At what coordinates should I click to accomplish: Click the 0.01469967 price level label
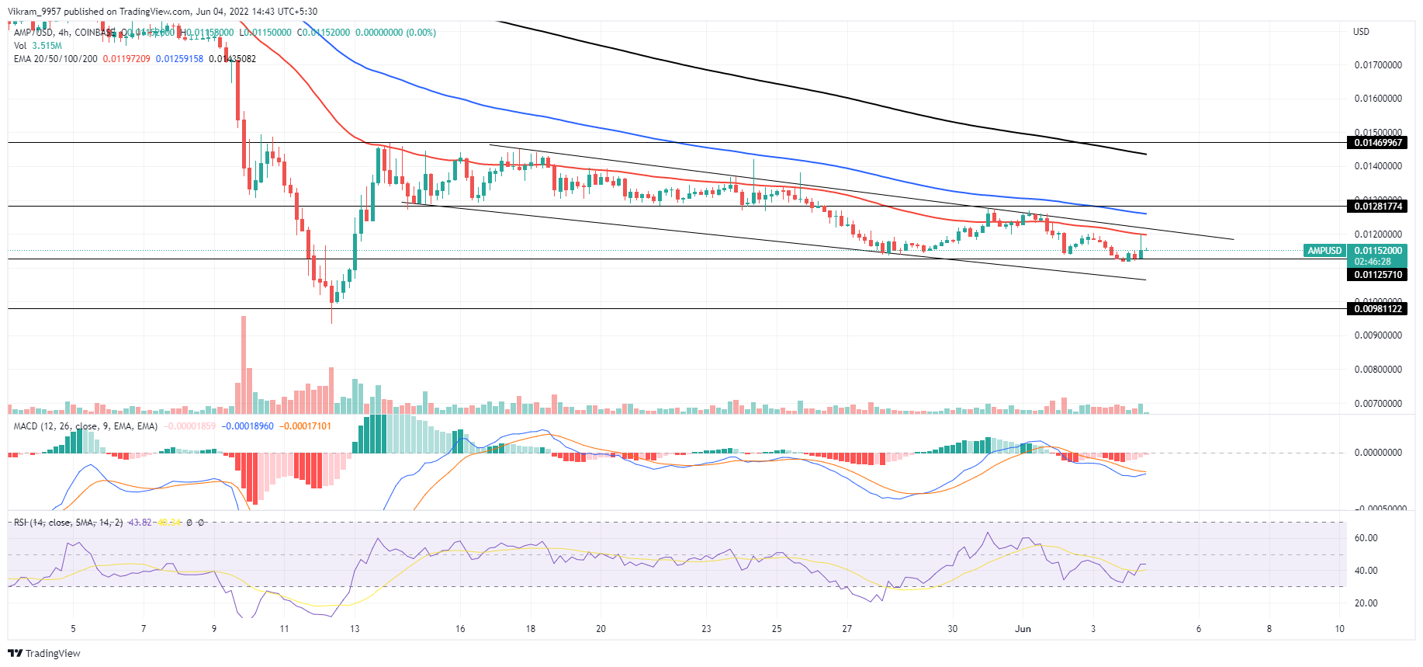click(1378, 143)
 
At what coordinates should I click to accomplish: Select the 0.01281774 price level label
click(1378, 207)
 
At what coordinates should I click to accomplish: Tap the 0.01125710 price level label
click(1378, 275)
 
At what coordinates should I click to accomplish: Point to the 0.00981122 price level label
click(1378, 309)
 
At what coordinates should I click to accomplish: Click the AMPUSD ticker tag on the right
click(1324, 251)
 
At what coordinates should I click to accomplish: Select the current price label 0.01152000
click(1378, 251)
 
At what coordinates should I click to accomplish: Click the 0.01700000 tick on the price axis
click(1378, 65)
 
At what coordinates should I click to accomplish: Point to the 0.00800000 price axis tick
click(1378, 370)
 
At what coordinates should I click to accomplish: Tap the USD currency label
click(1361, 32)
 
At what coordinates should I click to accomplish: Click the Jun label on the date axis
click(1023, 629)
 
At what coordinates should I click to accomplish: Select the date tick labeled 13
click(355, 629)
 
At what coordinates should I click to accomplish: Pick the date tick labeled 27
click(847, 629)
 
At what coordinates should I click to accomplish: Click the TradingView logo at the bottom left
click(44, 653)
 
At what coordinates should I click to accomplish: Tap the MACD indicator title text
click(85, 426)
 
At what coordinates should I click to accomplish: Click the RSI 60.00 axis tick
click(1366, 538)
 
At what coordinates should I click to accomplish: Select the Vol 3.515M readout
click(38, 46)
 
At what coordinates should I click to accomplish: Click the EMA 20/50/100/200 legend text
click(56, 59)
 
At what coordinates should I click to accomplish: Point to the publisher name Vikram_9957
click(34, 12)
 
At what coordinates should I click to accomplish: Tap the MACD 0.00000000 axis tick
click(1378, 453)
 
